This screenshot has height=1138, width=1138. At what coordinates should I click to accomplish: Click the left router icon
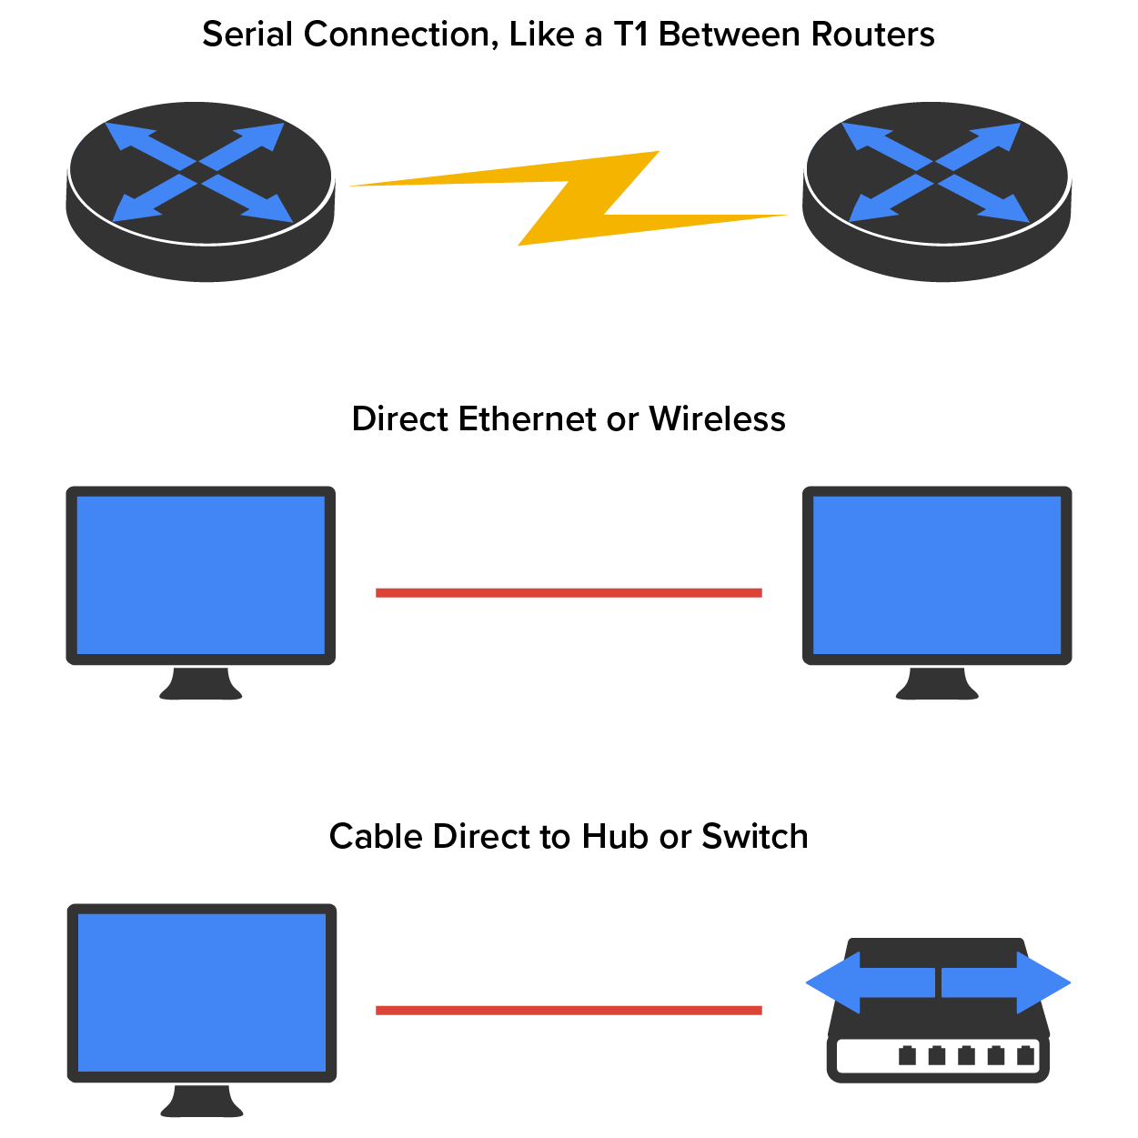click(x=200, y=191)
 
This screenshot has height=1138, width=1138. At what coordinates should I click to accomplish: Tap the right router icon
click(x=937, y=191)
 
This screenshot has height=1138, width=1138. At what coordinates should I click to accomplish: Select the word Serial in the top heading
click(x=248, y=35)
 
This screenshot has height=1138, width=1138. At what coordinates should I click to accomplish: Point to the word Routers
click(x=873, y=35)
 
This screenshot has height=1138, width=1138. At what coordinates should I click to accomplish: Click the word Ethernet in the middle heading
click(x=527, y=419)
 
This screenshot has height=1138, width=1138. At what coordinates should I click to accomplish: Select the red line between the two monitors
click(x=569, y=593)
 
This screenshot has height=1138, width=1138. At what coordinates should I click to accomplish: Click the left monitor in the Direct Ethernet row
click(x=201, y=575)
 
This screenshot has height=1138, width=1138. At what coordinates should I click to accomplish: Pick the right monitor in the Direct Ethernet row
click(x=937, y=575)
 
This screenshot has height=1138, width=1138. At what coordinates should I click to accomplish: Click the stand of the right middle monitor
click(x=937, y=685)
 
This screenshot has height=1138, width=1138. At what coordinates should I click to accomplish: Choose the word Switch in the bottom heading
click(x=754, y=837)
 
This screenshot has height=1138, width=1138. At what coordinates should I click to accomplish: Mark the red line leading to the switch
click(x=569, y=1010)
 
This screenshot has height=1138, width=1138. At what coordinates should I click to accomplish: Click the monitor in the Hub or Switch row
click(x=202, y=992)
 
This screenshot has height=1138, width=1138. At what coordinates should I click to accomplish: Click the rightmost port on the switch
click(x=1026, y=1055)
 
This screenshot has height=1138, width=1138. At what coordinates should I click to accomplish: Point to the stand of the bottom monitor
click(x=202, y=1103)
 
